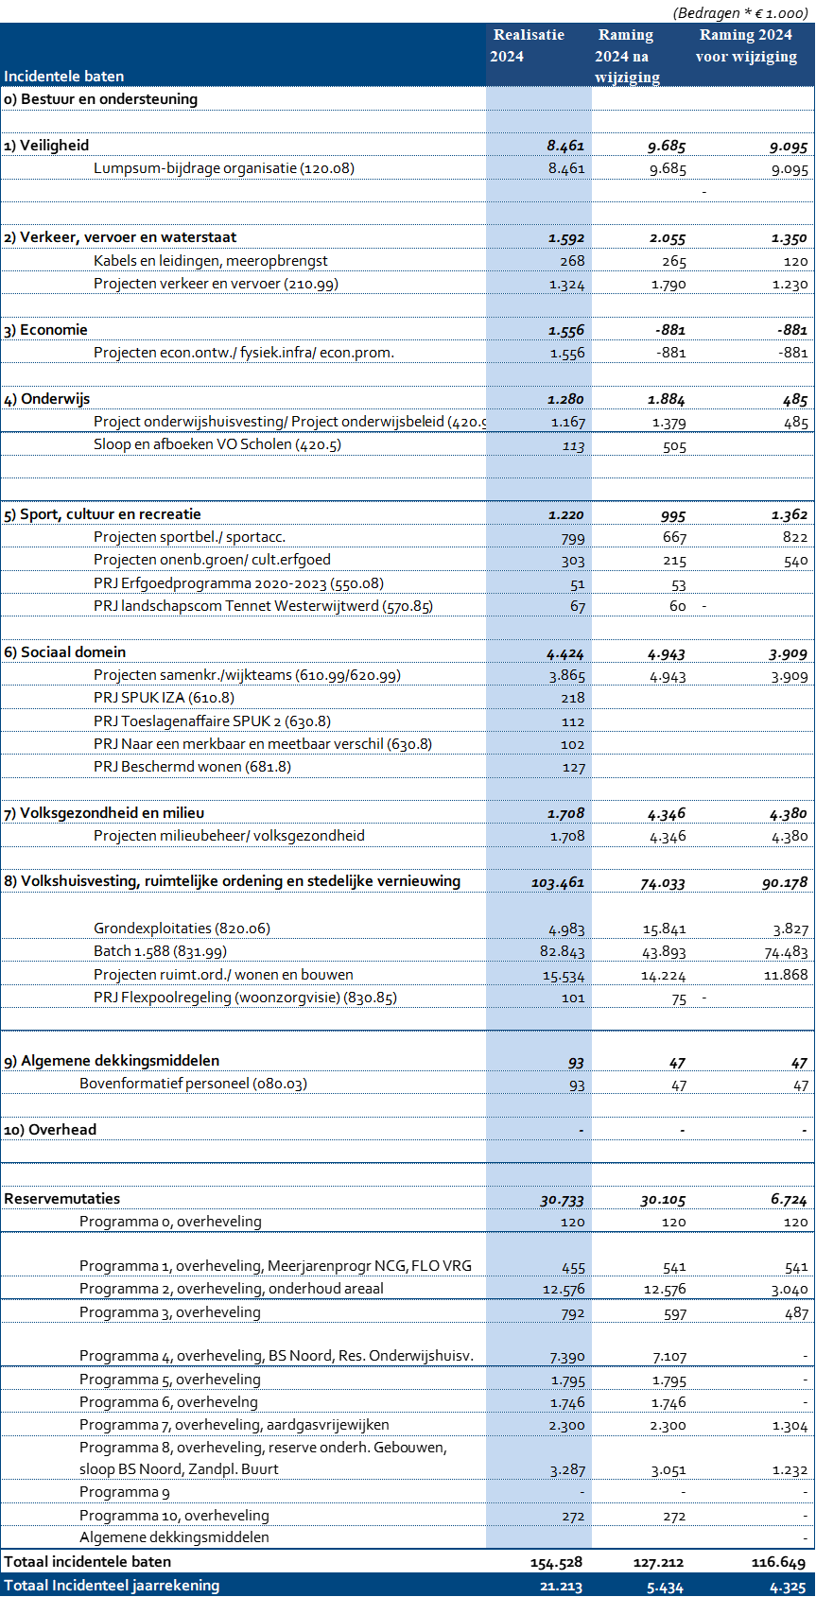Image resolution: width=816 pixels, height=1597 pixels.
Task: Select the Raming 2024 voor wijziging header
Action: [x=746, y=45]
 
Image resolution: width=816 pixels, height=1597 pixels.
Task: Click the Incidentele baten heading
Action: [x=64, y=77]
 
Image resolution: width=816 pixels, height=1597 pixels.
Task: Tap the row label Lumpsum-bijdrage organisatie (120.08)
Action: [x=224, y=168]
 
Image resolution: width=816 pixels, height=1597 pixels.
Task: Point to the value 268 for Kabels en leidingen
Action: [x=572, y=261]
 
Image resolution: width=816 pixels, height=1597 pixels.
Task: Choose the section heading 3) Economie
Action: [x=46, y=330]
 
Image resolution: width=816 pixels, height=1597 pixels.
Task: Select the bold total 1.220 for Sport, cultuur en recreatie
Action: [x=565, y=515]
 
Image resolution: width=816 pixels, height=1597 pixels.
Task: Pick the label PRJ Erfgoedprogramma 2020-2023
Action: [x=238, y=583]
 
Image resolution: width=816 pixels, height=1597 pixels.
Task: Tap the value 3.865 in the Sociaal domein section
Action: [x=566, y=676]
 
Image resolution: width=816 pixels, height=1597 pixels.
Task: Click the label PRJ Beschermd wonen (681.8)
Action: [x=192, y=767]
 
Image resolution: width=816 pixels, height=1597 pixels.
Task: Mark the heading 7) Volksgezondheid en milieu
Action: [x=104, y=813]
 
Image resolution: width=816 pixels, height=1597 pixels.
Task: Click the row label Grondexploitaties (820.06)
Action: [x=182, y=929]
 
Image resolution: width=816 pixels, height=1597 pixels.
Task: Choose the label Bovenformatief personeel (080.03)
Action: [x=193, y=1084]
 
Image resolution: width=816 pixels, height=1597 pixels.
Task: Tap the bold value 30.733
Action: [x=562, y=1200]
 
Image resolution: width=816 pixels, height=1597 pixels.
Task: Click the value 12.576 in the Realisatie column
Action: [x=564, y=1290]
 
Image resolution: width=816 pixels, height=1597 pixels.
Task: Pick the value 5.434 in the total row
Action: [x=665, y=1587]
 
